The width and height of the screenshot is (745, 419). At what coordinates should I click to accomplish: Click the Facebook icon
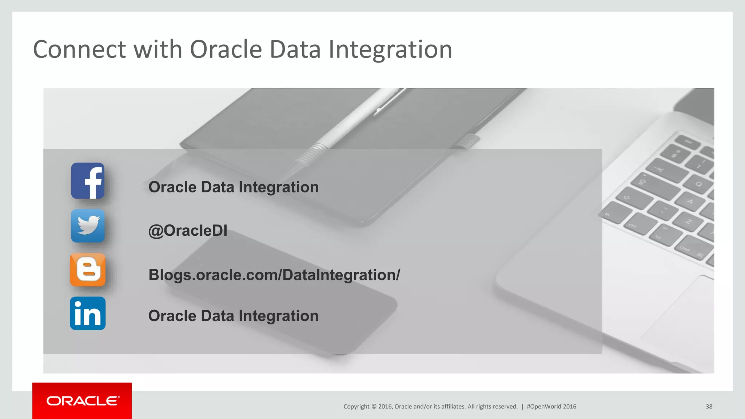(x=88, y=181)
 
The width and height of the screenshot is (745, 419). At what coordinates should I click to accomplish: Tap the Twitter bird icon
(x=88, y=226)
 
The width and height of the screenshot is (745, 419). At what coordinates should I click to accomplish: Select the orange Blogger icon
(x=88, y=270)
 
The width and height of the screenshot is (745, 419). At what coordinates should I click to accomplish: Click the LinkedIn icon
(x=88, y=314)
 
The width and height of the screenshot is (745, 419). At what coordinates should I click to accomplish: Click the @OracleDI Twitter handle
(x=188, y=231)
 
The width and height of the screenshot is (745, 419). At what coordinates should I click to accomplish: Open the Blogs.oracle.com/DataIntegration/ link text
(x=274, y=275)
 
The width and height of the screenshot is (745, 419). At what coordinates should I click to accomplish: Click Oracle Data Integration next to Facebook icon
(x=233, y=187)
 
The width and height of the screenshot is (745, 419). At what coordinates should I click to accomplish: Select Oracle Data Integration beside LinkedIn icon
(x=233, y=316)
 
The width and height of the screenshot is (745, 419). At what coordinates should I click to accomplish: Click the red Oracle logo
(x=82, y=401)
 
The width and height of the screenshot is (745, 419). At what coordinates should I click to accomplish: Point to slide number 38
(x=709, y=407)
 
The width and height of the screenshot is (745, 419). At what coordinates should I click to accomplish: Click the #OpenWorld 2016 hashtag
(x=551, y=407)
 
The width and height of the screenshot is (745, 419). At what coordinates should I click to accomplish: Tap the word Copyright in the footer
(x=356, y=407)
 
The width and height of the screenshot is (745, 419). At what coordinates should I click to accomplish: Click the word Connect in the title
(x=79, y=49)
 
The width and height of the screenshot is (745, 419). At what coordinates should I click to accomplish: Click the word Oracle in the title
(x=226, y=49)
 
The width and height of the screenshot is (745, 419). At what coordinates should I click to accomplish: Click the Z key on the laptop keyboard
(x=688, y=221)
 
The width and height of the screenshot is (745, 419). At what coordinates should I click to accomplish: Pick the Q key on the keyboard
(x=698, y=184)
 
